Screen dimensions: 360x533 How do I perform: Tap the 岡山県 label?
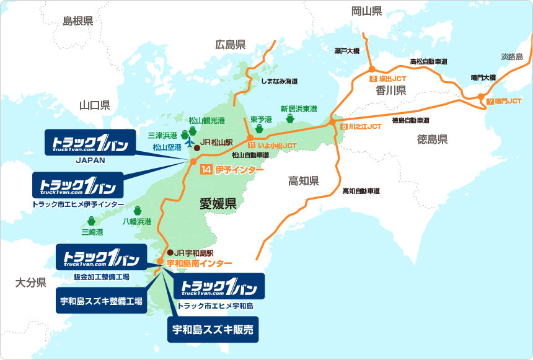[367, 11]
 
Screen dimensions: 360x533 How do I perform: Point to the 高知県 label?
[304, 181]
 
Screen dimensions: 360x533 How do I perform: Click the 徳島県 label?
[433, 139]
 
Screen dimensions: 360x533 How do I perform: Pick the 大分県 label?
[31, 283]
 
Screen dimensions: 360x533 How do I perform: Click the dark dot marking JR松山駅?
[197, 148]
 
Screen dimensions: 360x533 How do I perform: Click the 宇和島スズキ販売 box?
[213, 330]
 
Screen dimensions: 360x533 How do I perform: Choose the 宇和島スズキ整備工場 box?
[101, 301]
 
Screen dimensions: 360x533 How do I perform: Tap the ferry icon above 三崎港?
[92, 221]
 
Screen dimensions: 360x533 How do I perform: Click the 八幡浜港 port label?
[137, 221]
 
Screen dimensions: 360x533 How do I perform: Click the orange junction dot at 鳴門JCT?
[481, 96]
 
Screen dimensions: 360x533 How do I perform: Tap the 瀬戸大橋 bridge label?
[346, 51]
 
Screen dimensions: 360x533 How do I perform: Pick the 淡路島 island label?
[512, 57]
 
